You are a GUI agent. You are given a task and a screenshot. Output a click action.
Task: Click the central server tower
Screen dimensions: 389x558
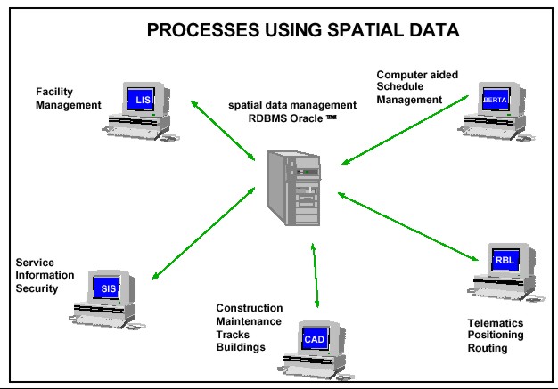pos(294,188)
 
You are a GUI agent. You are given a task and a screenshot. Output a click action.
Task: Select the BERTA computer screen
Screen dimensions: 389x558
pos(494,100)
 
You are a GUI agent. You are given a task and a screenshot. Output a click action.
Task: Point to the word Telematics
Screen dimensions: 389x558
pos(495,322)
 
